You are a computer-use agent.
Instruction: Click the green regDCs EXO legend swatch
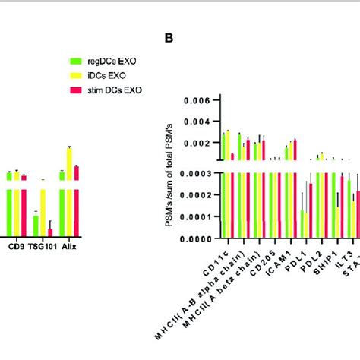[x=74, y=60]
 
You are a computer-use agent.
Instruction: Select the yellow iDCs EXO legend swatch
[x=74, y=75]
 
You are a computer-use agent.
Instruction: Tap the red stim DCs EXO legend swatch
[x=74, y=90]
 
